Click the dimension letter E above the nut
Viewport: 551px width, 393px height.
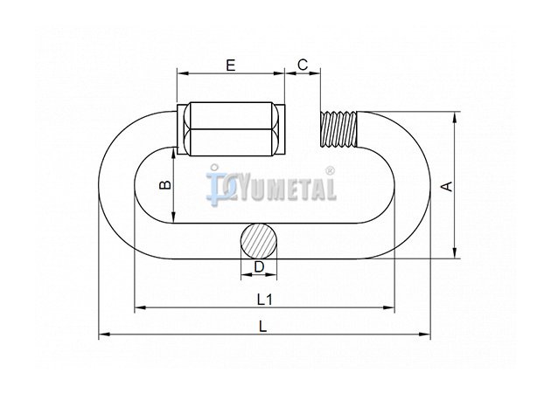(231, 65)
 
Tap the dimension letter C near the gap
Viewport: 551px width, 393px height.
(303, 65)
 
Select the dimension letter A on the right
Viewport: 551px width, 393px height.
(447, 186)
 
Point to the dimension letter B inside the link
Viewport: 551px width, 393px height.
(164, 184)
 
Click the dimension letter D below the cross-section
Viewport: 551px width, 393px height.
(259, 267)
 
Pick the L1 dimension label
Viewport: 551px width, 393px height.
(265, 300)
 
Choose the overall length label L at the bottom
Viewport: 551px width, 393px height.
(263, 327)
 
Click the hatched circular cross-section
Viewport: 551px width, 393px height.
(259, 241)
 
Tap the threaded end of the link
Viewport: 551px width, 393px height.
(338, 128)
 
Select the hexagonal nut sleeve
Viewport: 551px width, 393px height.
(231, 128)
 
